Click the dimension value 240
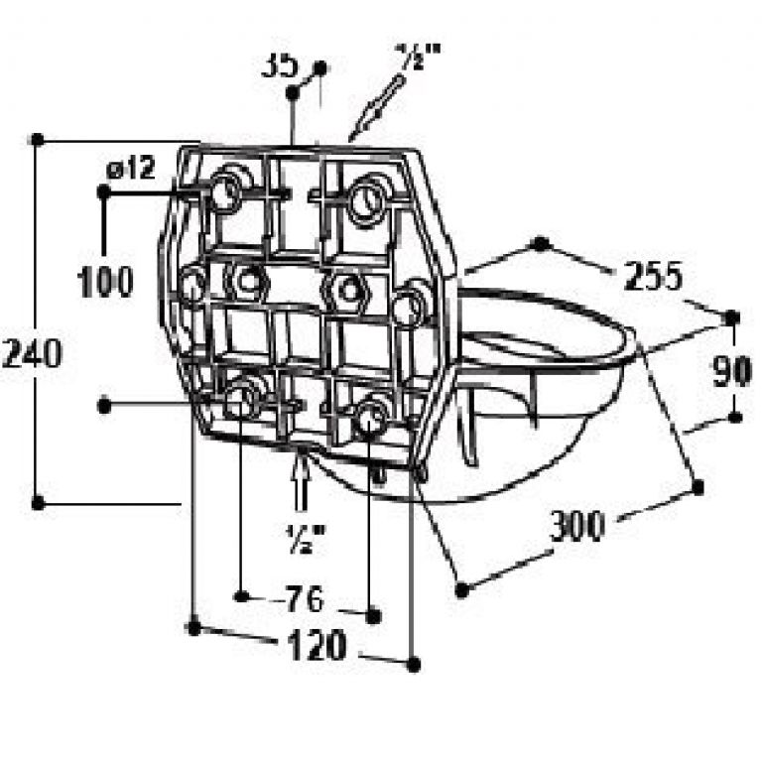click(x=33, y=353)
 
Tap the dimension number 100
click(x=105, y=282)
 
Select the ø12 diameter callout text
click(x=131, y=168)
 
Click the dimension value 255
click(x=654, y=276)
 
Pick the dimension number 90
click(x=732, y=372)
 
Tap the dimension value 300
click(x=577, y=526)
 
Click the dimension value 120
click(x=317, y=645)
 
